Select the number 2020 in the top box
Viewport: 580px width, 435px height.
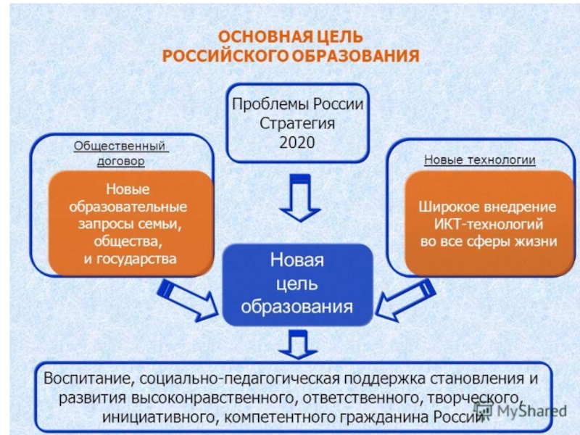coord(297,141)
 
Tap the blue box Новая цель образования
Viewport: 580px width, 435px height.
coord(297,283)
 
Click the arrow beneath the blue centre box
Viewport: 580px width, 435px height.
coord(297,344)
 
